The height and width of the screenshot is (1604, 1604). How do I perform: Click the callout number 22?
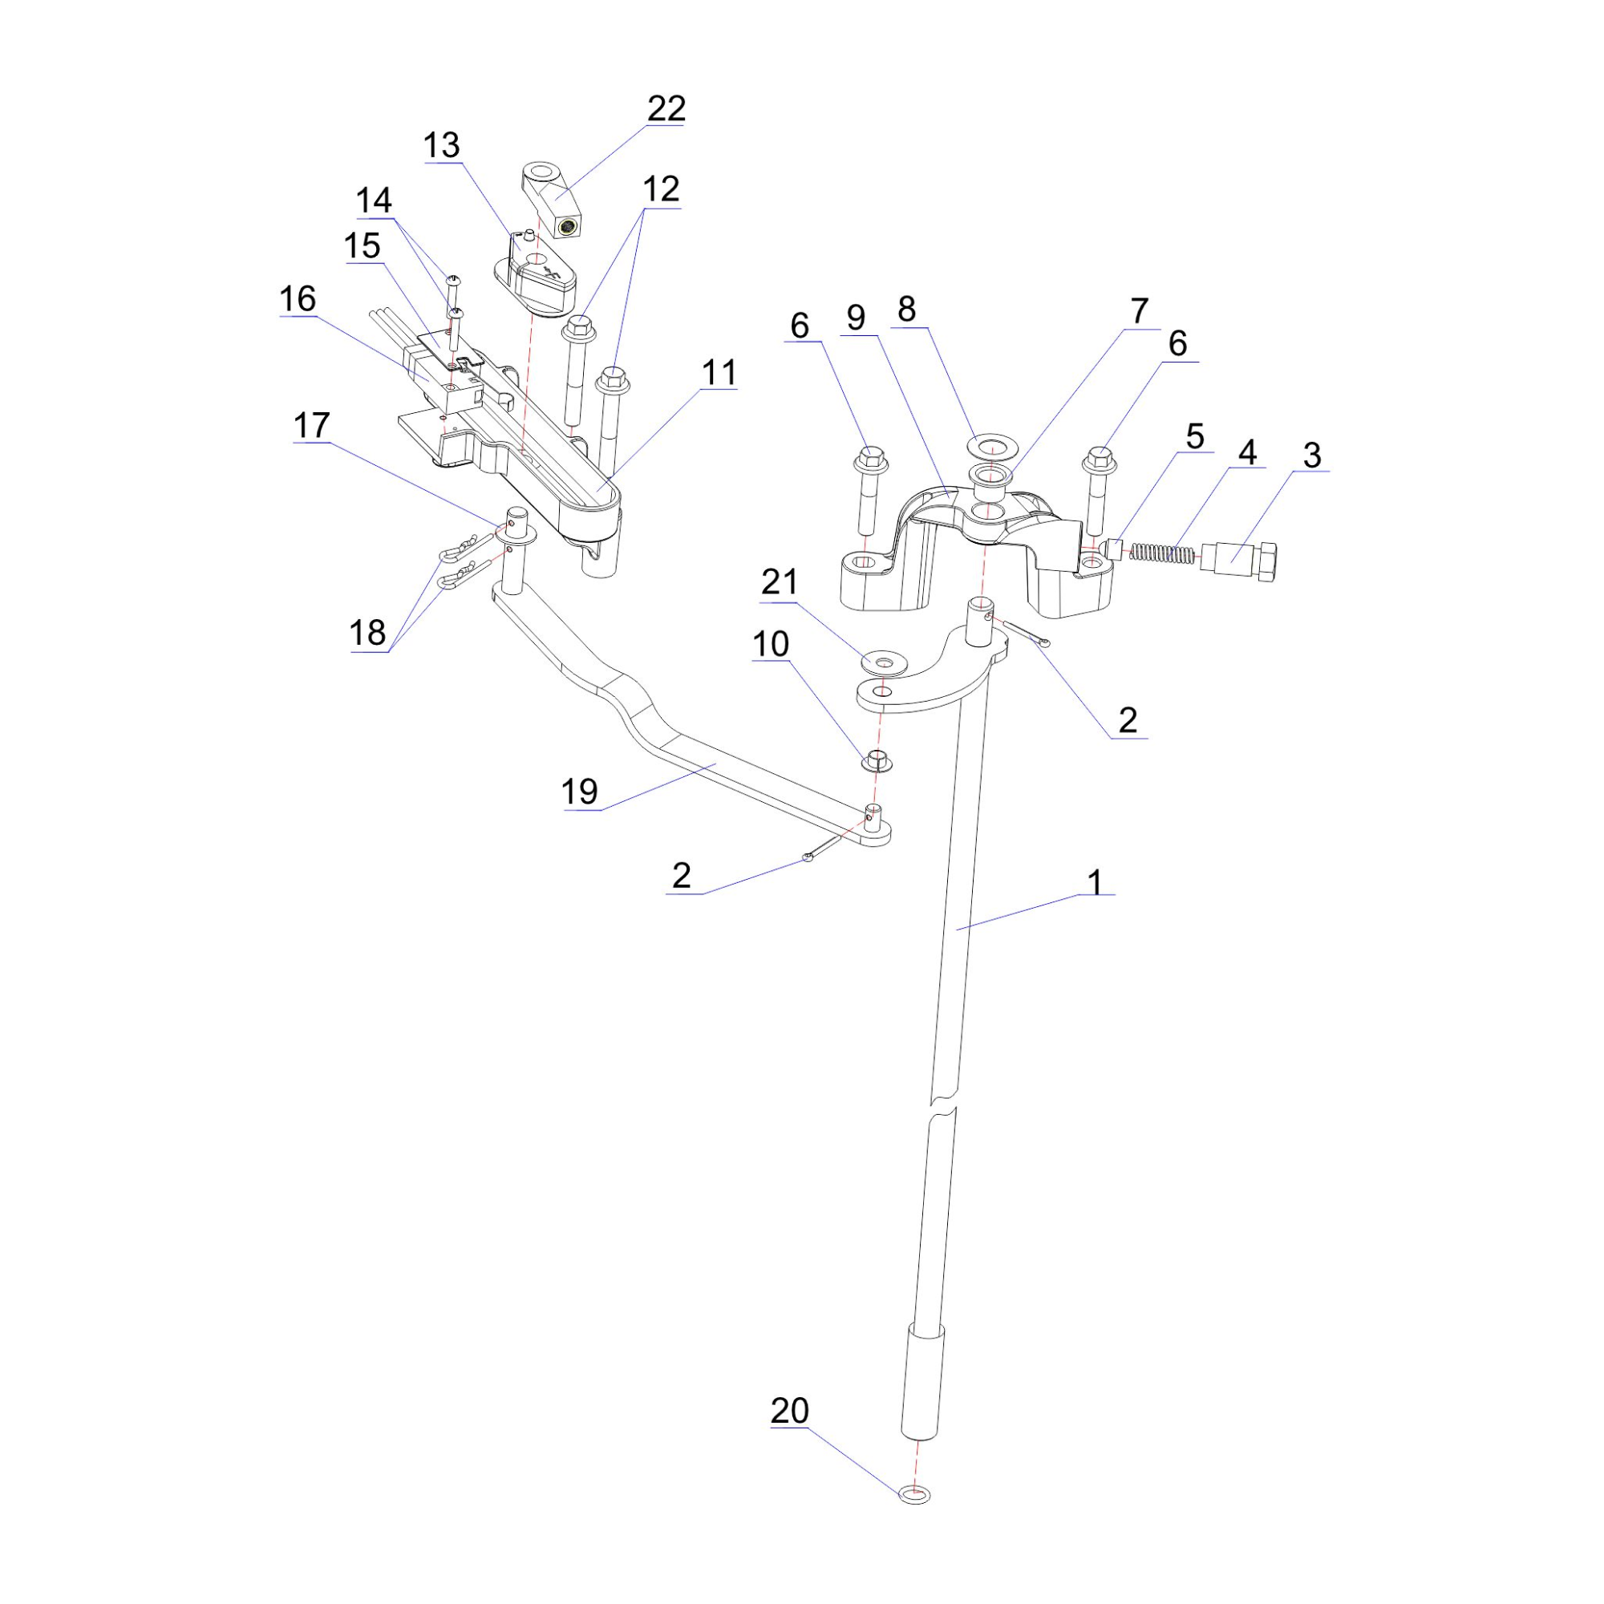click(x=666, y=108)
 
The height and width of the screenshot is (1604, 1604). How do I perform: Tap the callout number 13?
click(x=442, y=145)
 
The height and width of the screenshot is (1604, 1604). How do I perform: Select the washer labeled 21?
click(x=881, y=662)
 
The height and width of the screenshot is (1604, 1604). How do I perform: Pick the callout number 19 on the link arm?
click(x=581, y=792)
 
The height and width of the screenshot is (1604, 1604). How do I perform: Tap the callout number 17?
click(x=312, y=425)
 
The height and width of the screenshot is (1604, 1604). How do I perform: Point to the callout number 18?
click(x=368, y=633)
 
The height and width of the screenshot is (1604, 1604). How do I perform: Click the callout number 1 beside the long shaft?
click(x=1095, y=881)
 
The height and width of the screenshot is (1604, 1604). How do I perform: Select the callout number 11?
click(x=719, y=373)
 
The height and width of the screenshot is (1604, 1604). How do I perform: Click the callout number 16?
click(x=298, y=299)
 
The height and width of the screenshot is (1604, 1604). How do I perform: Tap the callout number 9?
click(x=856, y=317)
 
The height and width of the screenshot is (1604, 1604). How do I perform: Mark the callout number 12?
click(x=661, y=189)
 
